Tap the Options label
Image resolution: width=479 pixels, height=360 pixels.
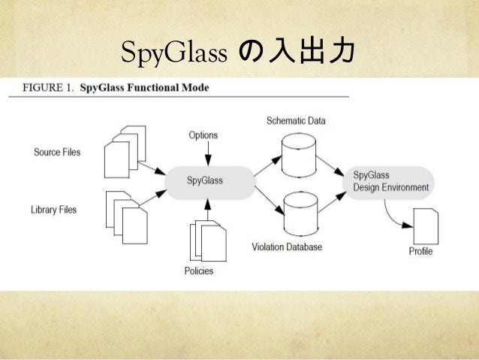[203, 135]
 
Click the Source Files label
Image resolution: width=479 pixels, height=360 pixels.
[57, 153]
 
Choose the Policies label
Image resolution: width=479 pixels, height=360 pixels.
[199, 271]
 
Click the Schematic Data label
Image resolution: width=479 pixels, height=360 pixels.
[296, 120]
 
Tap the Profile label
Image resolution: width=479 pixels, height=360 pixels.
[420, 251]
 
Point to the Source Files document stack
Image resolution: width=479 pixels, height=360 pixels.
[123, 154]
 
